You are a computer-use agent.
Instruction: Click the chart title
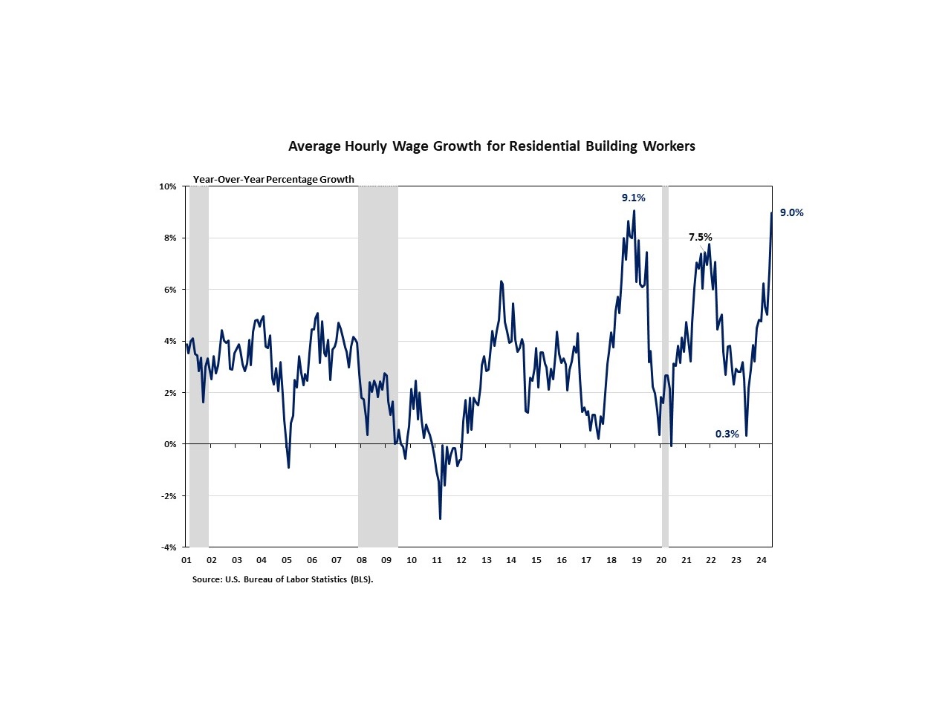[x=491, y=146]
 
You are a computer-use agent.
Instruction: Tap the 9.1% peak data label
[x=633, y=198]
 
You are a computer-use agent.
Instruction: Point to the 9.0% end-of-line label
[x=791, y=212]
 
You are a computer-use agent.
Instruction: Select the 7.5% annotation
[x=700, y=237]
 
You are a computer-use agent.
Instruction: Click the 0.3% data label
[x=727, y=434]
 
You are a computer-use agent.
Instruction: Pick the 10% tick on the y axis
[x=168, y=186]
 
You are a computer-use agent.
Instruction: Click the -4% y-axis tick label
[x=168, y=547]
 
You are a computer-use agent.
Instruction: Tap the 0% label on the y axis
[x=170, y=444]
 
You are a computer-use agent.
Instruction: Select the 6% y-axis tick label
[x=170, y=290]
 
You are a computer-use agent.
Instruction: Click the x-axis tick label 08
[x=362, y=560]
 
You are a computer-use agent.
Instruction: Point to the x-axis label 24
[x=761, y=560]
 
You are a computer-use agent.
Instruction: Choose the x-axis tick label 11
[x=437, y=560]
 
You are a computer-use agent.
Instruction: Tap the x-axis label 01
[x=186, y=560]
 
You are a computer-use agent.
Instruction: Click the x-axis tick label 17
[x=586, y=560]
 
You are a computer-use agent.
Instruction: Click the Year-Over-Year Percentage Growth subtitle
[x=273, y=180]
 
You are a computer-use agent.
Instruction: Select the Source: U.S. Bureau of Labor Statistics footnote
[x=282, y=579]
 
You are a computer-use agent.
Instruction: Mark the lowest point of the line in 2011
[x=440, y=518]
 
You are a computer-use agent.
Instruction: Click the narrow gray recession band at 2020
[x=665, y=364]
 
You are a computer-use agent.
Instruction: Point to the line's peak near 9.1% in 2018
[x=634, y=211]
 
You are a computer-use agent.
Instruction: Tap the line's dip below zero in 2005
[x=288, y=467]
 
